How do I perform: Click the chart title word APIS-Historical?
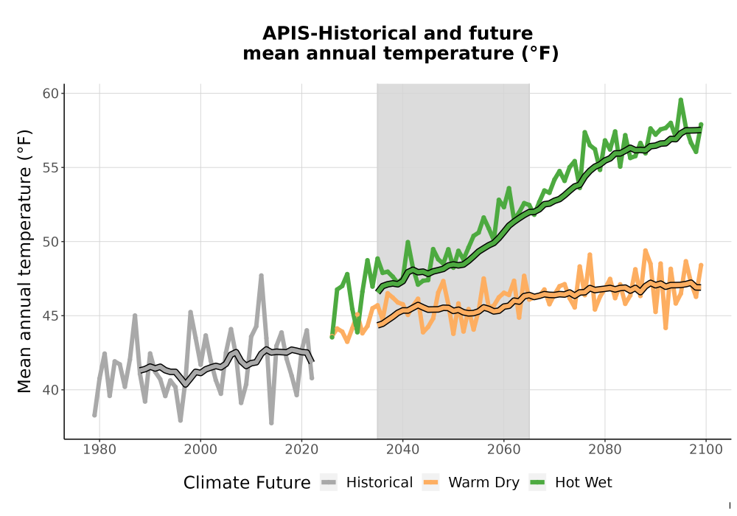click(x=336, y=33)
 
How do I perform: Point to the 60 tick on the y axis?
click(x=51, y=94)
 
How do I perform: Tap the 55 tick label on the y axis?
click(x=51, y=168)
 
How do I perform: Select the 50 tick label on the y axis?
click(x=51, y=242)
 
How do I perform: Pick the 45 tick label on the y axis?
click(x=51, y=315)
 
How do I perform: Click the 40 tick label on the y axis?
click(x=51, y=390)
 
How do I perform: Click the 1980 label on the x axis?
click(x=99, y=449)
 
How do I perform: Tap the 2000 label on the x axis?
click(x=200, y=449)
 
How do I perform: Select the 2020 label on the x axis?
click(x=301, y=449)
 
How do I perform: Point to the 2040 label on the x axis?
click(x=403, y=449)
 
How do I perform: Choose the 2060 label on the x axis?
click(x=503, y=449)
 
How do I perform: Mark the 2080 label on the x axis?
click(x=604, y=449)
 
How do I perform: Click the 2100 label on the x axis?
click(x=705, y=449)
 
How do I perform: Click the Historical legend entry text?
click(x=380, y=482)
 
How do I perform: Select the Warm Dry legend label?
click(x=483, y=483)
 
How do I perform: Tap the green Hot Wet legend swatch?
click(x=537, y=482)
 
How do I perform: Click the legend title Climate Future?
click(x=247, y=483)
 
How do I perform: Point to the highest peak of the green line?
click(x=680, y=100)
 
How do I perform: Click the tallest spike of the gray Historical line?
click(x=262, y=276)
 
